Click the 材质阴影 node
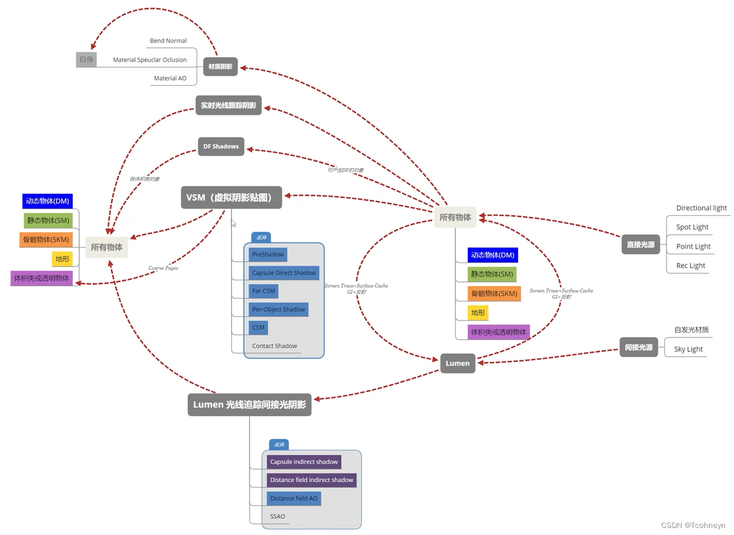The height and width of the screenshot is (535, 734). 220,66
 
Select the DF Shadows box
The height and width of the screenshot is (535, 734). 221,146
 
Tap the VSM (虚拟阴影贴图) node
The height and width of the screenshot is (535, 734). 232,198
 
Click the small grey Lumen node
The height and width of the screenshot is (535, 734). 458,363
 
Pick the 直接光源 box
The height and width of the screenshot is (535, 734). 640,245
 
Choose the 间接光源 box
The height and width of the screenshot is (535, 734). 639,347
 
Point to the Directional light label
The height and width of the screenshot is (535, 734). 701,208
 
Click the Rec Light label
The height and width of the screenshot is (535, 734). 690,266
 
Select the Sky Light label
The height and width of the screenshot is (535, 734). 689,349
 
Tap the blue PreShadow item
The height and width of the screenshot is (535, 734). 268,255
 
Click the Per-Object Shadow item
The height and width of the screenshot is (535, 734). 278,309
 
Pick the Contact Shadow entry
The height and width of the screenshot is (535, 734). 274,346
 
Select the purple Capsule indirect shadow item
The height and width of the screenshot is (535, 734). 304,462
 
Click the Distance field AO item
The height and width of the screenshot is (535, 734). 294,498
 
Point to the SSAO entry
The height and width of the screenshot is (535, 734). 278,516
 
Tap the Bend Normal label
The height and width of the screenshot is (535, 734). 168,41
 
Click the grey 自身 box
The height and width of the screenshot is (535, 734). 86,59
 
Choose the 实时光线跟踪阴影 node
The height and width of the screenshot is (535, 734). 228,105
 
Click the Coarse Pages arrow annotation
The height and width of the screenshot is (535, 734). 163,268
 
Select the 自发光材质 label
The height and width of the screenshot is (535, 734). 692,330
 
